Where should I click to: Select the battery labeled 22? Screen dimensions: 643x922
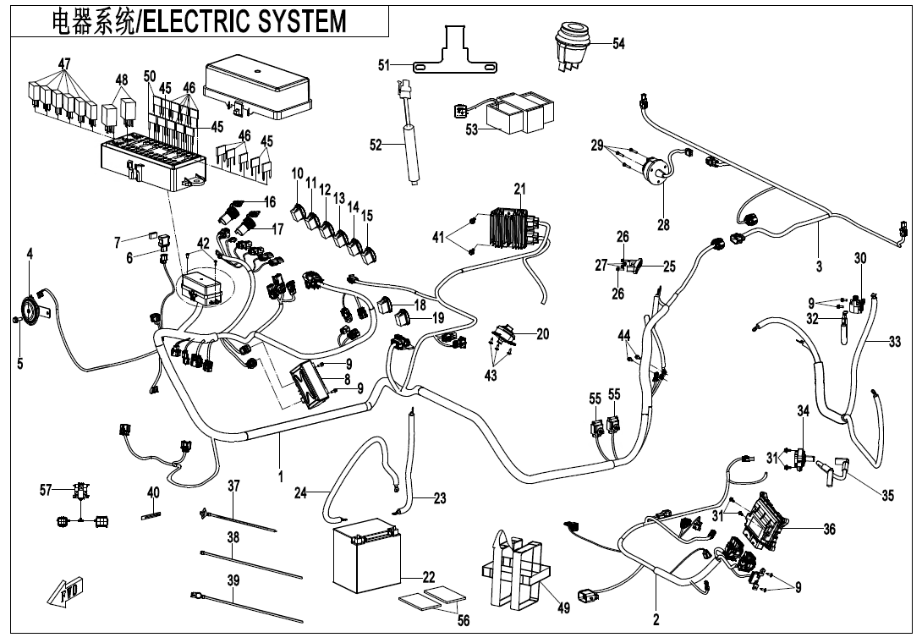[364, 559]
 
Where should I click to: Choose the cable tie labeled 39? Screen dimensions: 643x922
[245, 609]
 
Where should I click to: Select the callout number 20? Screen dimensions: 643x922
[542, 334]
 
